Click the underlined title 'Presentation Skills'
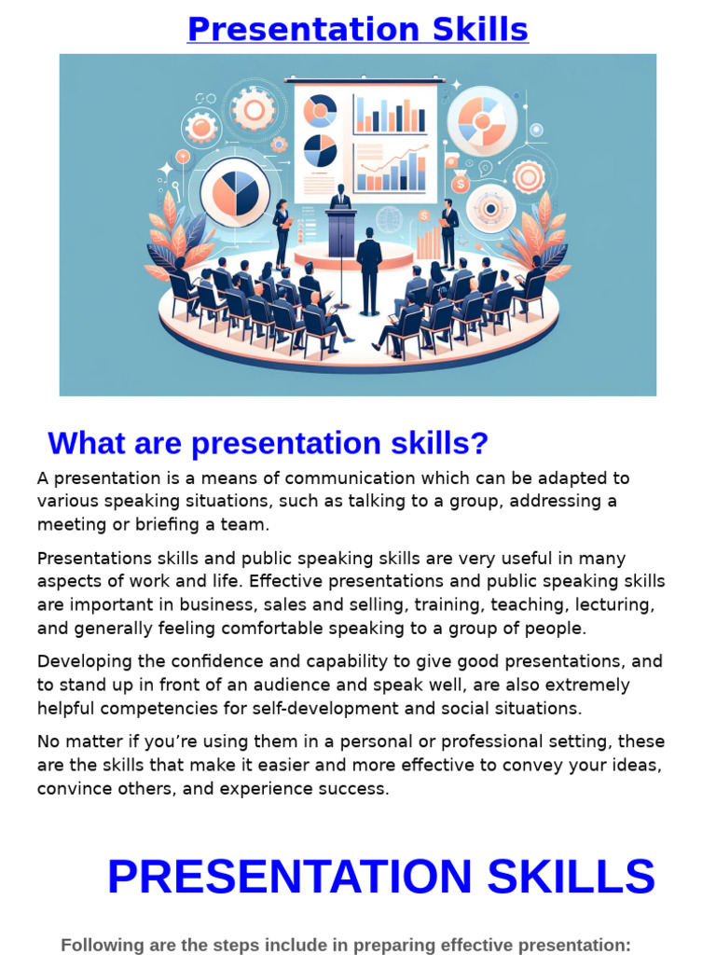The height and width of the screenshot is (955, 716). pyautogui.click(x=357, y=30)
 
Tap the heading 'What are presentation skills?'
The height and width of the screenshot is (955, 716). pyautogui.click(x=268, y=443)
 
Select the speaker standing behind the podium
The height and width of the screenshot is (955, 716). pyautogui.click(x=341, y=197)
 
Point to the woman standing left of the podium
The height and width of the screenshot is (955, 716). pyautogui.click(x=282, y=232)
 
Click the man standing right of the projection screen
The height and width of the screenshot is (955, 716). pyautogui.click(x=448, y=232)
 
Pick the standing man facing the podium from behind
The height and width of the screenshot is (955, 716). pyautogui.click(x=369, y=270)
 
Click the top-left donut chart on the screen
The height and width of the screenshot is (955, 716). pyautogui.click(x=320, y=111)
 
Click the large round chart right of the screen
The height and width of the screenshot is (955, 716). pyautogui.click(x=482, y=121)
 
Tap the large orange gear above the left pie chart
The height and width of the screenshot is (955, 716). pyautogui.click(x=254, y=109)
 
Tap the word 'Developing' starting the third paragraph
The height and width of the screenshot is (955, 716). pyautogui.click(x=82, y=662)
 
